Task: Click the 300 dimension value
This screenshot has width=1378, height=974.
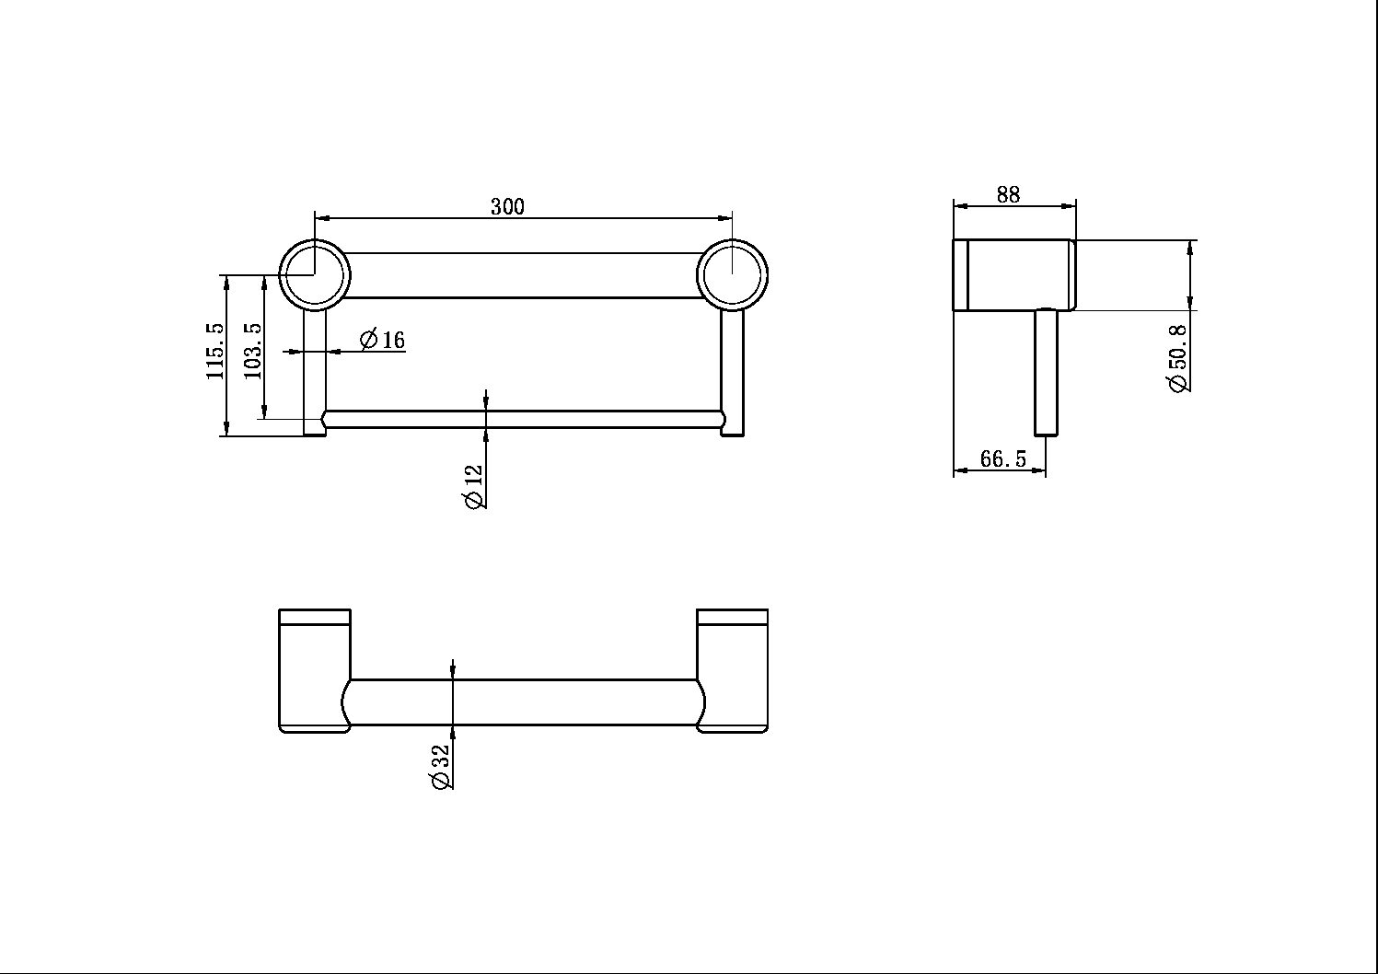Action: point(507,206)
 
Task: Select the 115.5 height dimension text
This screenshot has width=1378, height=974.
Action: point(214,351)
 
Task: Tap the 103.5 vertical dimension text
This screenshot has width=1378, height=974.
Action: point(253,351)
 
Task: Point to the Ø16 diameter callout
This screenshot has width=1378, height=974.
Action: point(382,340)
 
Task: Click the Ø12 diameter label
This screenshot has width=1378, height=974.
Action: point(473,486)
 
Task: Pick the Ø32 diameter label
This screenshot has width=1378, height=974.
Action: point(440,767)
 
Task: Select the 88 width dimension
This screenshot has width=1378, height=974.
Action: point(1008,194)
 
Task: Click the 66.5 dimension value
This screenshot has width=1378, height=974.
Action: point(1002,458)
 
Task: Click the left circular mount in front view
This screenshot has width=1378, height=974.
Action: point(315,274)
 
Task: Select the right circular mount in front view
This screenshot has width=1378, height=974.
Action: point(732,274)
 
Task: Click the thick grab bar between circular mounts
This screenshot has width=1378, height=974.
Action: point(523,275)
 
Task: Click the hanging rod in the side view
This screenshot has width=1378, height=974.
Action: point(1046,373)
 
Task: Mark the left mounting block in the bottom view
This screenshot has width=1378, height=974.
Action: point(315,670)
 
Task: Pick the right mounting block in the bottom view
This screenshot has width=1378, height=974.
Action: point(732,670)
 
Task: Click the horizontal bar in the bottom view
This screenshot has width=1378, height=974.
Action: point(523,702)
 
